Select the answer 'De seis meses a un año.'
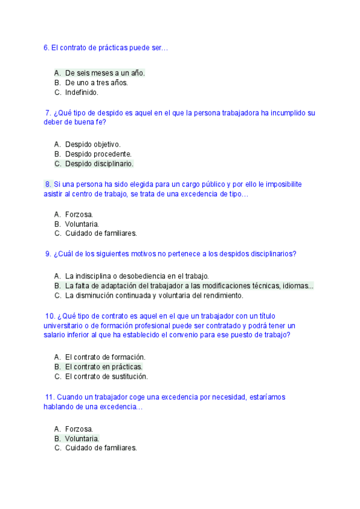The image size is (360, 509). click(x=105, y=73)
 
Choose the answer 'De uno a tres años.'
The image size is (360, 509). click(x=96, y=83)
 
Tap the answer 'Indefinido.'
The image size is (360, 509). click(x=82, y=92)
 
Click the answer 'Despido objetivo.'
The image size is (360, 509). click(x=93, y=144)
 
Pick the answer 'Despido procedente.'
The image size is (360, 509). click(x=98, y=154)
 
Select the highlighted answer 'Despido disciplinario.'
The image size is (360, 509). click(x=99, y=163)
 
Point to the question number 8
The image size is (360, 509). click(x=47, y=184)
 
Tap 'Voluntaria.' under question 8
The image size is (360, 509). click(x=82, y=224)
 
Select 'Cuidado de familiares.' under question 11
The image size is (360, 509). click(x=101, y=448)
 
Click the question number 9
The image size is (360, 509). click(x=47, y=254)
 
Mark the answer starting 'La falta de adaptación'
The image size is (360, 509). click(x=189, y=286)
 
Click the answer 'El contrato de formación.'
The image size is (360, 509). click(x=105, y=357)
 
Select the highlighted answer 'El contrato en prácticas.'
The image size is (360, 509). click(x=104, y=366)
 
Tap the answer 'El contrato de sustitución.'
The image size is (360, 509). click(x=106, y=376)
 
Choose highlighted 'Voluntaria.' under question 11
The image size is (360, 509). click(x=82, y=438)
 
